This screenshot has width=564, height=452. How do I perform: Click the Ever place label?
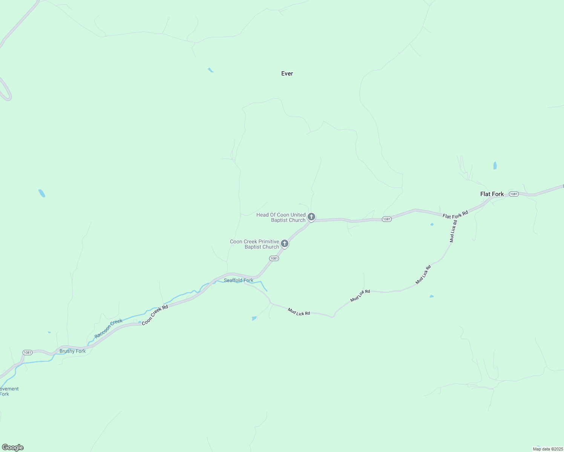click(287, 73)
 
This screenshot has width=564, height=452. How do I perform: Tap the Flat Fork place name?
click(492, 194)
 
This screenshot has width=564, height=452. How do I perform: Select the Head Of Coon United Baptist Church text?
click(281, 217)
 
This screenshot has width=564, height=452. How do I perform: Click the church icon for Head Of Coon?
click(311, 217)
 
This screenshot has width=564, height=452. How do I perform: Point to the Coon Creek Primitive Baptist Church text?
click(254, 244)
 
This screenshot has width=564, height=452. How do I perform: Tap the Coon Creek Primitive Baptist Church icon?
click(285, 244)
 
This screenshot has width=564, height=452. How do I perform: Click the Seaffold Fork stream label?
click(238, 280)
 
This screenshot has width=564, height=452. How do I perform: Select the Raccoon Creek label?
click(109, 328)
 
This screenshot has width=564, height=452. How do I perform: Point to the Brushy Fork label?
click(72, 351)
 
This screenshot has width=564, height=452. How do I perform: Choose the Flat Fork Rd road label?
click(455, 214)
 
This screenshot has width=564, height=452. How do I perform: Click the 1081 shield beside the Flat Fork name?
click(513, 194)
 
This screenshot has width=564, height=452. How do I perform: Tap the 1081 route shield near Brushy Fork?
click(27, 353)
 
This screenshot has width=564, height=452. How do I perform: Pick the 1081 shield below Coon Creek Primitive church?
click(274, 258)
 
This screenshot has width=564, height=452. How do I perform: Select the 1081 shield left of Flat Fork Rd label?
click(386, 219)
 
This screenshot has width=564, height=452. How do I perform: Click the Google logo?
click(13, 447)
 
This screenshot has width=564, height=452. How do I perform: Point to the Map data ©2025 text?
click(547, 449)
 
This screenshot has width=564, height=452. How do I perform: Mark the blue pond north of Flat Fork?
click(495, 166)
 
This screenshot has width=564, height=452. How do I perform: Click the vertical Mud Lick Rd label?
click(453, 231)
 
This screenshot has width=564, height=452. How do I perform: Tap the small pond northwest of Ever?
click(210, 70)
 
